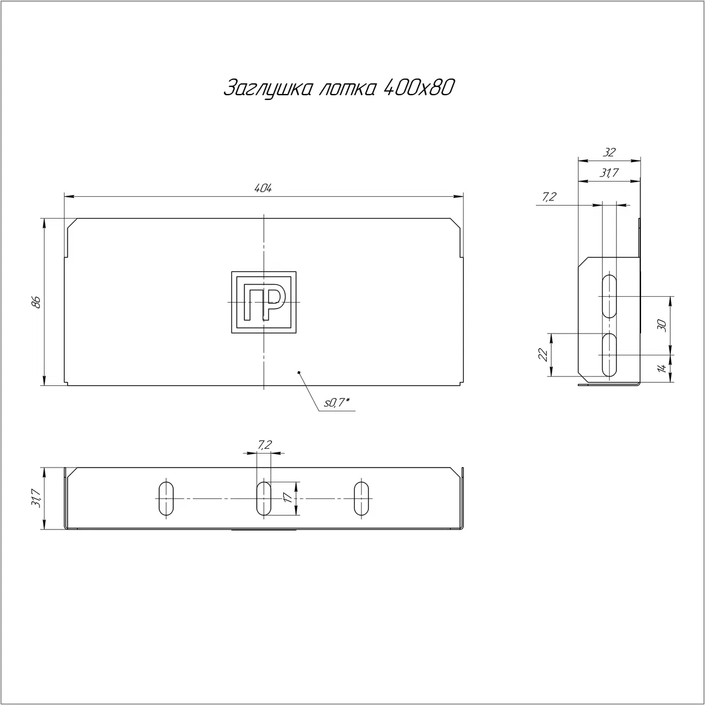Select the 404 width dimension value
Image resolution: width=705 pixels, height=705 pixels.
pos(263,189)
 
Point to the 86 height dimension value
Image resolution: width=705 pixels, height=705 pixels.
pos(36,302)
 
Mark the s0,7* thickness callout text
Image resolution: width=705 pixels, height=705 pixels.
pos(337,403)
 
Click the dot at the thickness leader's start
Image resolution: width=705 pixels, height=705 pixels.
pos(299,372)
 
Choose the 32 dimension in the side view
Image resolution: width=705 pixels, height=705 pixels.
pos(609,152)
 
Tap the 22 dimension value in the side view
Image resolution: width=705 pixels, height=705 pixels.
pos(543,354)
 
